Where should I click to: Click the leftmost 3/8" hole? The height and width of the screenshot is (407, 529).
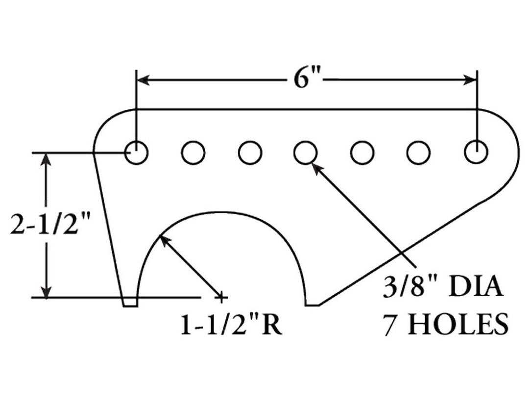(x=136, y=153)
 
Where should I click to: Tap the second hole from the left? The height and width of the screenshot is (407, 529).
(x=193, y=153)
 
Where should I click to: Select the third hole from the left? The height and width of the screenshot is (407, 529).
(x=250, y=153)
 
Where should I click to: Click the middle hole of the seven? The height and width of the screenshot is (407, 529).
(x=306, y=153)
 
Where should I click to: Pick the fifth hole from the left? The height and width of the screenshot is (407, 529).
(x=362, y=153)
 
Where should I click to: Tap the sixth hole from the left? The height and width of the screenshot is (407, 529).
(x=418, y=153)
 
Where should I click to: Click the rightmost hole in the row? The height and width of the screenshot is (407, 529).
(x=476, y=153)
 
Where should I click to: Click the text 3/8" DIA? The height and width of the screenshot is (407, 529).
(x=443, y=288)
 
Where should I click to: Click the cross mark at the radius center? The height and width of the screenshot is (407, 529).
(x=221, y=297)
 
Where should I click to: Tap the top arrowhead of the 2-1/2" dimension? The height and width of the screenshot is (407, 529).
(x=47, y=160)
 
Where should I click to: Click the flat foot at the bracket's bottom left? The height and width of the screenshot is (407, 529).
(x=130, y=304)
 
